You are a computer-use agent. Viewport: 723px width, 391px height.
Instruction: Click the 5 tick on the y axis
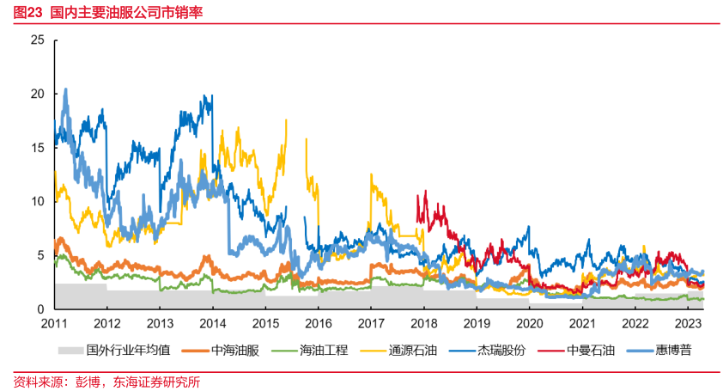(x=39, y=255)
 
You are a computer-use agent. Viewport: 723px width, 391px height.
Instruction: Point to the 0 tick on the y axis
(x=39, y=309)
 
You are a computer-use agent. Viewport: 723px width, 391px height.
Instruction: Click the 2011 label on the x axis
(x=54, y=323)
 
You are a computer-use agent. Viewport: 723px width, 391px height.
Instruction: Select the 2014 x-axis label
(x=213, y=323)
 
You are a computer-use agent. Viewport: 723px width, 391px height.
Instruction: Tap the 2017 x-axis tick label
(x=371, y=323)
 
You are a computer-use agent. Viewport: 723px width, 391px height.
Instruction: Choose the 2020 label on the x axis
(x=530, y=323)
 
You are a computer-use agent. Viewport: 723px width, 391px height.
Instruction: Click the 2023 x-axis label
(x=688, y=323)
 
